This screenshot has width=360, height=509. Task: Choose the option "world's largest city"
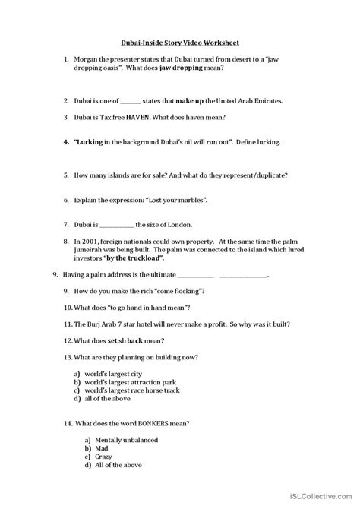click(x=115, y=375)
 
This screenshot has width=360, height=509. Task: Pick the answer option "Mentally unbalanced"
click(x=120, y=441)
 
